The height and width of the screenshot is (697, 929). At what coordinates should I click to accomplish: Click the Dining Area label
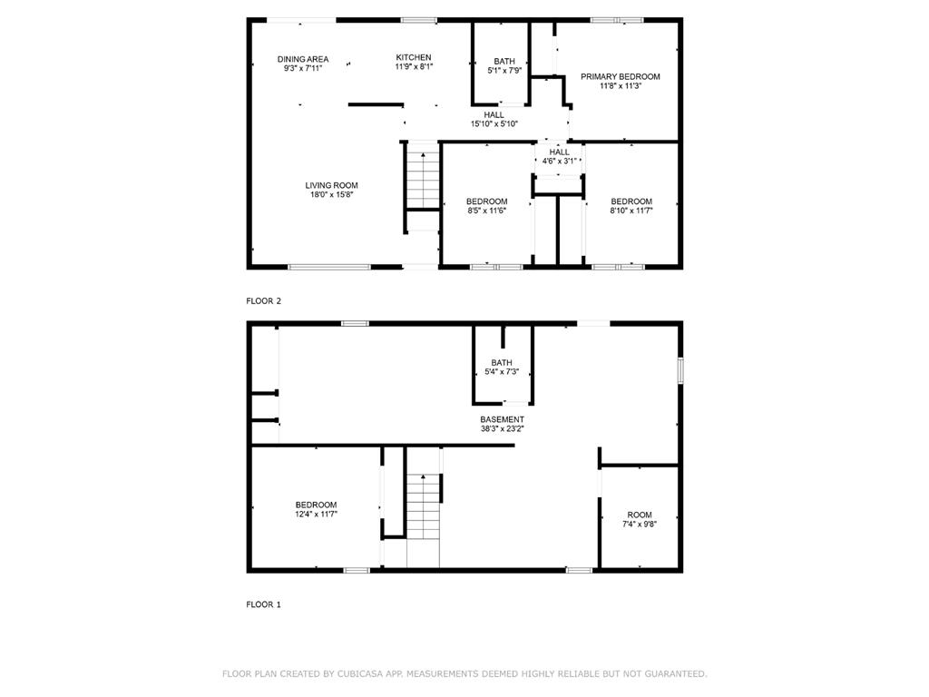pyautogui.click(x=303, y=59)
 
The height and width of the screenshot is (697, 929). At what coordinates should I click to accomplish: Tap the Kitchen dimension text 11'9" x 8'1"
pyautogui.click(x=414, y=67)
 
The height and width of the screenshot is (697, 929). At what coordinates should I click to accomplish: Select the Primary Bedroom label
pyautogui.click(x=621, y=77)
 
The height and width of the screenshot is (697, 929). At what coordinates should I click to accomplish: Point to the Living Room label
pyautogui.click(x=331, y=185)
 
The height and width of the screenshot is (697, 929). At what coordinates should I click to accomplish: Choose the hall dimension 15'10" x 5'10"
pyautogui.click(x=494, y=124)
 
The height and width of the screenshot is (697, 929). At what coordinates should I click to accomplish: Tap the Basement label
pyautogui.click(x=502, y=419)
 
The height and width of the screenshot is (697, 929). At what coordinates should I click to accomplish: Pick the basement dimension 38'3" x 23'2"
pyautogui.click(x=502, y=428)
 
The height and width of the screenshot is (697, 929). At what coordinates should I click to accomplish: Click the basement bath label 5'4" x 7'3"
pyautogui.click(x=502, y=368)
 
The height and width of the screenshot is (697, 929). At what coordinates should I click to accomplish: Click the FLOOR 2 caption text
pyautogui.click(x=264, y=300)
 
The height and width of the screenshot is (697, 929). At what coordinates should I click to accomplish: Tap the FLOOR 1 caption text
pyautogui.click(x=264, y=604)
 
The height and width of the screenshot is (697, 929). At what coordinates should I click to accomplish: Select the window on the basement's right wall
pyautogui.click(x=680, y=371)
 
